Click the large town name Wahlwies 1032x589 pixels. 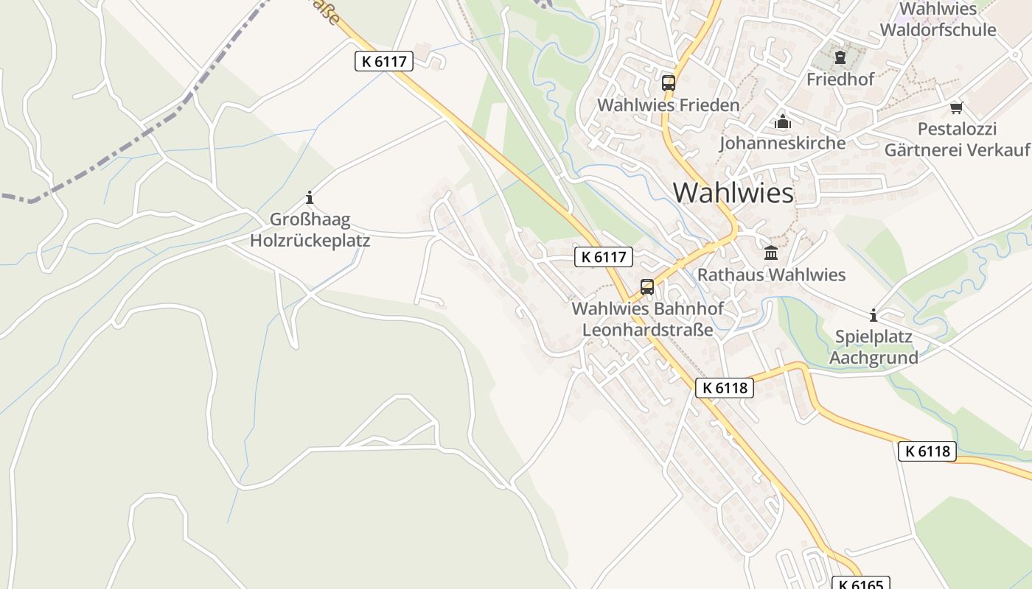733,193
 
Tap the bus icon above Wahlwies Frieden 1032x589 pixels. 668,83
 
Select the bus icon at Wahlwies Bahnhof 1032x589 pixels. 647,287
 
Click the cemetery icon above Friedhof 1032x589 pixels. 840,57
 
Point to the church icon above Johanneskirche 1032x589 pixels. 782,121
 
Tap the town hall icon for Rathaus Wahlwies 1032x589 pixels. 771,253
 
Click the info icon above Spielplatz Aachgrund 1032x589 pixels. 874,316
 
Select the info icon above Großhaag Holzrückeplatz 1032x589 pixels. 310,197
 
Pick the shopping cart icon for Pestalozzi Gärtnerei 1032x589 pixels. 956,108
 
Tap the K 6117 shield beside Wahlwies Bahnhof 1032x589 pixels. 604,257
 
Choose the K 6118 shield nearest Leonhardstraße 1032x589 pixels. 724,388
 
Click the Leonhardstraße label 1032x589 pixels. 647,329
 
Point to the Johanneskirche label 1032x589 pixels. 782,143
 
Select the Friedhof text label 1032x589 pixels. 840,79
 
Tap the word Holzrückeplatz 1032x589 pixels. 310,240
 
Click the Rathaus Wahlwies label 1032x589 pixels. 771,275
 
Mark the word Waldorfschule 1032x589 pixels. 938,30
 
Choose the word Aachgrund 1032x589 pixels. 874,358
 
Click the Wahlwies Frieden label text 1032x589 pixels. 668,105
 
